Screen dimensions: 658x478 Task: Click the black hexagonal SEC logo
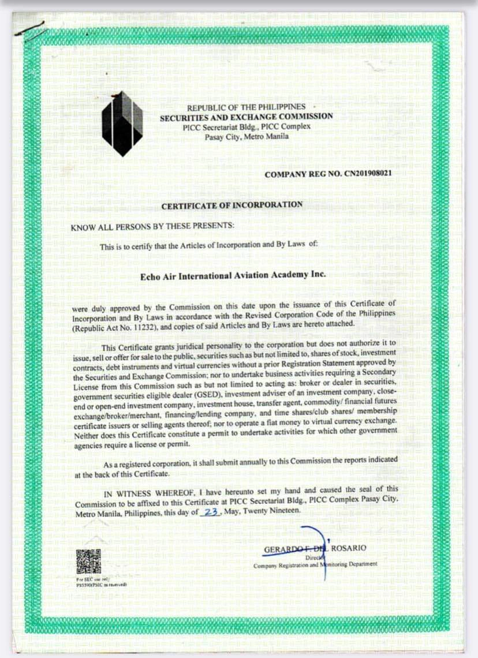click(x=122, y=123)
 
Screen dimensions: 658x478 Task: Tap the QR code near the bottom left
click(x=88, y=562)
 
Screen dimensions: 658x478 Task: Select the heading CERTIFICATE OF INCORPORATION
click(x=231, y=205)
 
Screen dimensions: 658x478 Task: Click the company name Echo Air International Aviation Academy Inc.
click(x=233, y=275)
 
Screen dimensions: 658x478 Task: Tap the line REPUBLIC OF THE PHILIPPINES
click(x=246, y=107)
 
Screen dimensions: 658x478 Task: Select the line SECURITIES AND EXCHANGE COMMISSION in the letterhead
click(x=247, y=116)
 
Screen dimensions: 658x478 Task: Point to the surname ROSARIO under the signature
click(x=349, y=548)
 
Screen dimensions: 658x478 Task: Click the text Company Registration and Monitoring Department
click(x=315, y=564)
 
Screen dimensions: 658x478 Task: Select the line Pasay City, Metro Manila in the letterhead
click(x=247, y=137)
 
